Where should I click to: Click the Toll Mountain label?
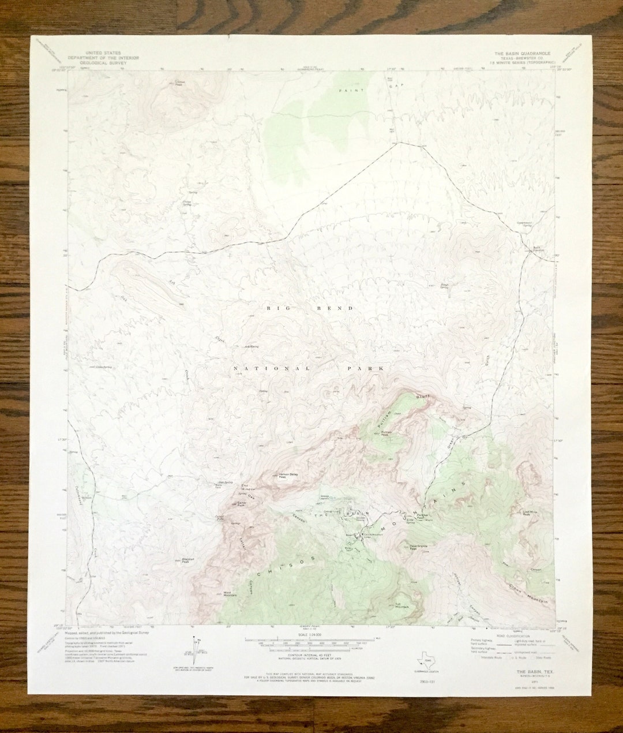tap(402, 605)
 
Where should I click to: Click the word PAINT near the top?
tap(348, 91)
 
